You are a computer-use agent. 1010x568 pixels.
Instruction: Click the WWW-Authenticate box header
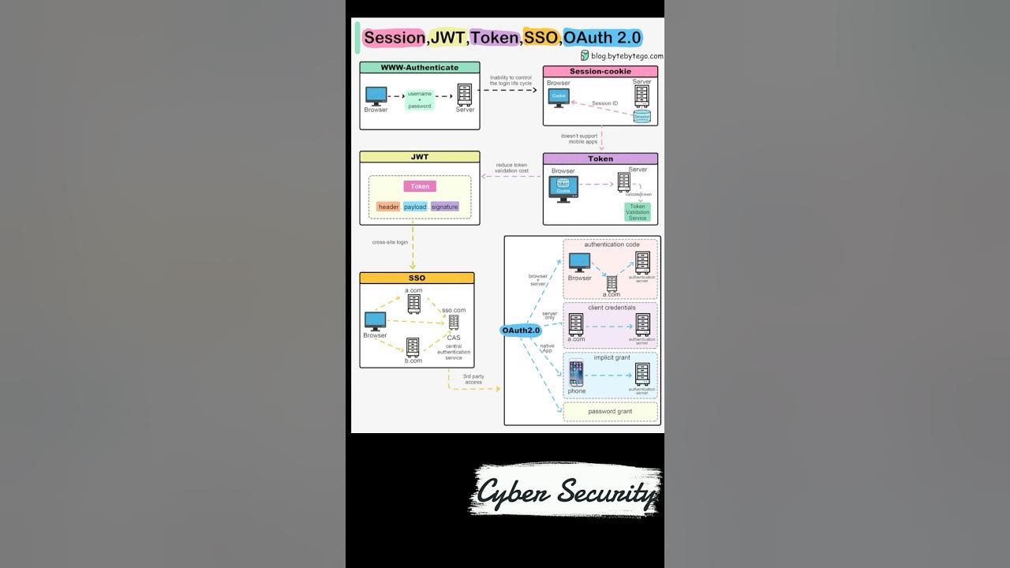(419, 68)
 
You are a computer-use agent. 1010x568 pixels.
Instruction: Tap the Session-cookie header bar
(600, 72)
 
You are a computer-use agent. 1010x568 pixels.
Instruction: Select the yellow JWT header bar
(419, 157)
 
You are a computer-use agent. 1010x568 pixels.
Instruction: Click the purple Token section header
(600, 159)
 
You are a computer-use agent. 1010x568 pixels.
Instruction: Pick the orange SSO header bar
(417, 278)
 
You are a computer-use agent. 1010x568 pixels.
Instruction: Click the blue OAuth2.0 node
(522, 331)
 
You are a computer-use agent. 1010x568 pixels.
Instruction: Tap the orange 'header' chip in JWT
(388, 207)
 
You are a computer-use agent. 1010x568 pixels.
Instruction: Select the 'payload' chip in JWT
(415, 207)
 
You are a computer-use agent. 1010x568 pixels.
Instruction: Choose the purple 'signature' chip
(444, 207)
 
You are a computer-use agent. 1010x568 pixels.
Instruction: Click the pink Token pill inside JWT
(420, 186)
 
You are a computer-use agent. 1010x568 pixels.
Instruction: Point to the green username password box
(420, 99)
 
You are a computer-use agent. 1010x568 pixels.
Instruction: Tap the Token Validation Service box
(638, 212)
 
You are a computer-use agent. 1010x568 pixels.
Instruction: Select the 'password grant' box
(610, 411)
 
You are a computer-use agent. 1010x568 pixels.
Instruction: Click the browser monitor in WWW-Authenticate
(375, 95)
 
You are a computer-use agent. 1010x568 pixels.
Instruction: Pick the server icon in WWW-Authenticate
(465, 95)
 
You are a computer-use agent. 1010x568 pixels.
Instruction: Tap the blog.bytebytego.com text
(627, 56)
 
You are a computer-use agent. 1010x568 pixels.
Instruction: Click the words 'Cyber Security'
(567, 492)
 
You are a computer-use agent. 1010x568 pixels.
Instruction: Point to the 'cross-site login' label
(390, 242)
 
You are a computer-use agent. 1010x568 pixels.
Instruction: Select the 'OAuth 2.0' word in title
(602, 37)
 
